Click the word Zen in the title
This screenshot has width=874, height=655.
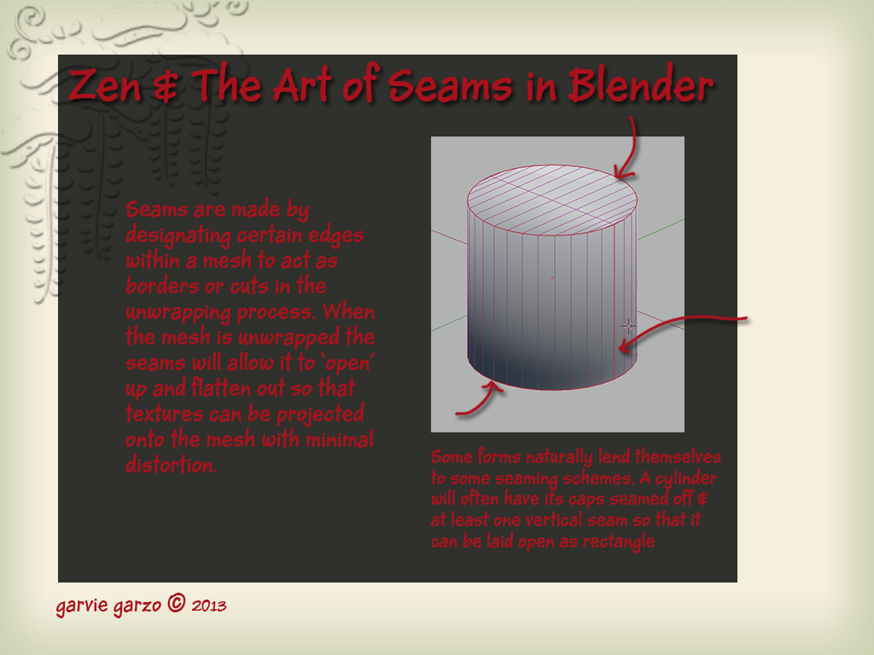coord(105,85)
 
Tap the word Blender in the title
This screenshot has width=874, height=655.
coord(641,85)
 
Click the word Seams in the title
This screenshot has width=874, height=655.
coord(450,86)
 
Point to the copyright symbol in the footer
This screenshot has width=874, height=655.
coord(177,603)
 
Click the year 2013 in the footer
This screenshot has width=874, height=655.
coord(209,606)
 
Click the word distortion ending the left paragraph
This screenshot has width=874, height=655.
coord(171,464)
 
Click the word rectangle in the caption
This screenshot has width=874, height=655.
coord(619,542)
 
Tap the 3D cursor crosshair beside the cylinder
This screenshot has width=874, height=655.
coord(628,326)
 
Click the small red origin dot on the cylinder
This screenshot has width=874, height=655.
coord(552,277)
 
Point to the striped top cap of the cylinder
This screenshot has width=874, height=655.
coord(552,199)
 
